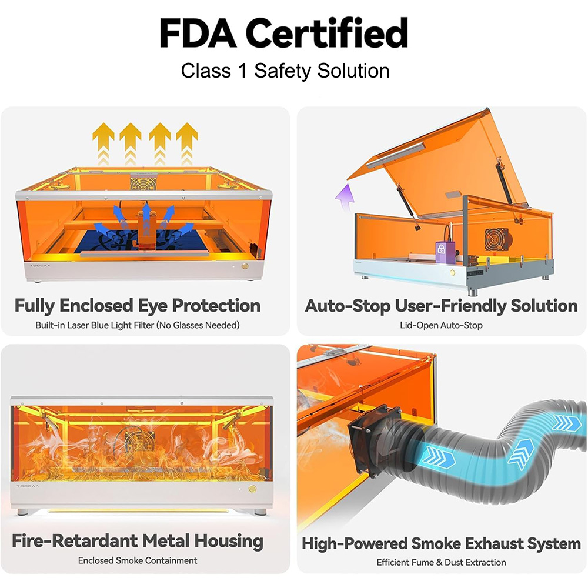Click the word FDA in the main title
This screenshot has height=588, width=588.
198,34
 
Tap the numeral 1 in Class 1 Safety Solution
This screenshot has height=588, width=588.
243,71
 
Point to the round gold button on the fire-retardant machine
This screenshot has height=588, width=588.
252,489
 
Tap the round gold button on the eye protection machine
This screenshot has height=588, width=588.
245,266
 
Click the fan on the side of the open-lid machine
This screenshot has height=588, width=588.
496,239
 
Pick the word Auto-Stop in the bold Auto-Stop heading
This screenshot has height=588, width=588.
348,306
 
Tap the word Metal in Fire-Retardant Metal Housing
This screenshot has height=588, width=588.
166,541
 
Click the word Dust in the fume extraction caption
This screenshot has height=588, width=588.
456,562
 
